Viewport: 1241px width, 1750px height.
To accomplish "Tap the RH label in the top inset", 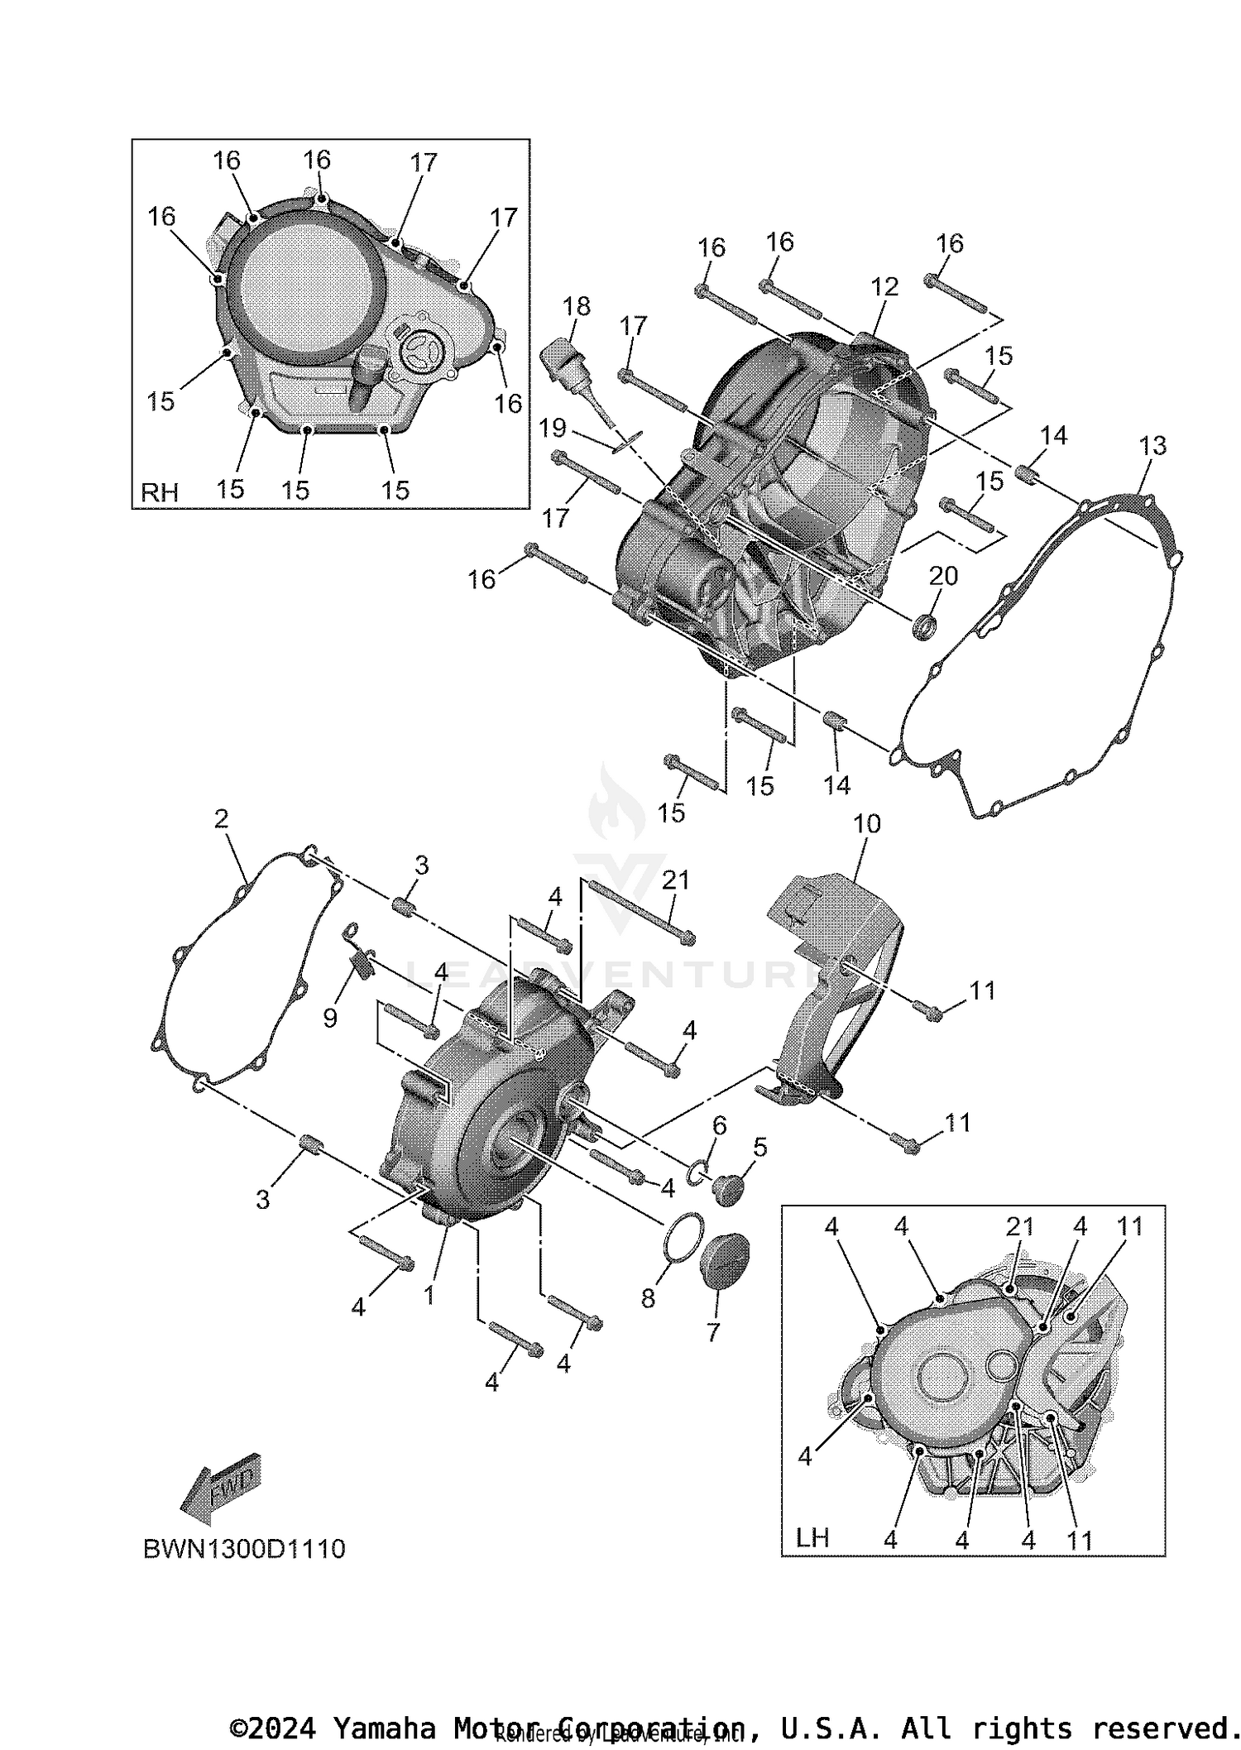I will click(160, 492).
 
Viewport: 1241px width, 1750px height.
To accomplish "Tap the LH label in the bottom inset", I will click(812, 1537).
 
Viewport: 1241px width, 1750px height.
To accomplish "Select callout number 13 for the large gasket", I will click(1152, 446).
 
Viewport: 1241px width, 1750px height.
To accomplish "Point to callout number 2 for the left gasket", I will click(221, 819).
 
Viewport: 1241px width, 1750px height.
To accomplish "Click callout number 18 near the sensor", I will click(577, 306).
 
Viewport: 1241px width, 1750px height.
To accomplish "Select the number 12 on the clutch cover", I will click(884, 287).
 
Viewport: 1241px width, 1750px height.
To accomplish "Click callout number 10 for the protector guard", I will click(867, 823).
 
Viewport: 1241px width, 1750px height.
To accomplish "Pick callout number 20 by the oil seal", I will click(943, 575).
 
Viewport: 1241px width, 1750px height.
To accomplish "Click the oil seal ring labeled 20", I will click(925, 626).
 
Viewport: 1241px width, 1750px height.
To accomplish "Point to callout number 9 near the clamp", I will click(330, 1018).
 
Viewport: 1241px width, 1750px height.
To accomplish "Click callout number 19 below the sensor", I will click(553, 428).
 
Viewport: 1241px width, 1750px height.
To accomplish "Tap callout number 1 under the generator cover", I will click(429, 1295).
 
